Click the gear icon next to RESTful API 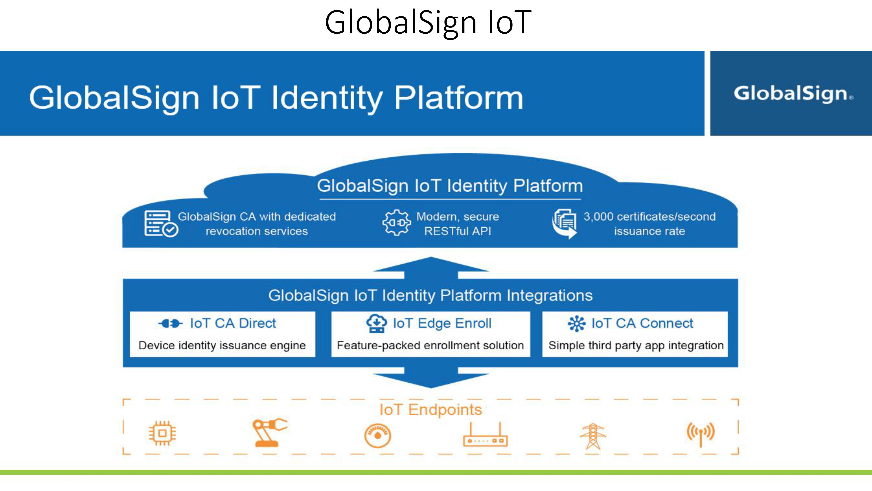(396, 223)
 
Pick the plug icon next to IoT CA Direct (170, 324)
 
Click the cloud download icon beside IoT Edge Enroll (376, 324)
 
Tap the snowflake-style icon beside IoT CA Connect (576, 324)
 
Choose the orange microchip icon (162, 433)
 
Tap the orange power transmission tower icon (593, 436)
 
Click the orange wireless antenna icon (700, 434)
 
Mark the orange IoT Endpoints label (431, 410)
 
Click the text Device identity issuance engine (222, 345)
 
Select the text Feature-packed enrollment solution (430, 345)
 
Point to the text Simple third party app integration (636, 345)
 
